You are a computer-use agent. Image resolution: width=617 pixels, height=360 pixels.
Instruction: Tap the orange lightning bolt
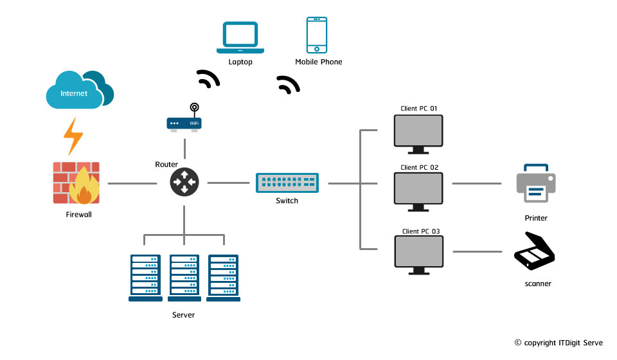click(x=73, y=136)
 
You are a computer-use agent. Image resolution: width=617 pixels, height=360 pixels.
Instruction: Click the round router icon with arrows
click(x=184, y=183)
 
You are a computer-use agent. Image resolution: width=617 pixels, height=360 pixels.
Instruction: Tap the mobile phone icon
click(x=316, y=35)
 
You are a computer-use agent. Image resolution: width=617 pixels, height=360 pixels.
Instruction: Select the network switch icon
click(x=287, y=183)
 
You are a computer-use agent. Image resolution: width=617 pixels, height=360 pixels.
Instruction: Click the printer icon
click(x=536, y=183)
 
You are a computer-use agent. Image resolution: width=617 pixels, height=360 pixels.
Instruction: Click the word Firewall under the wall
click(x=79, y=215)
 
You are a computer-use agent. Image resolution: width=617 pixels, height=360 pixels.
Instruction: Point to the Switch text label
click(x=287, y=201)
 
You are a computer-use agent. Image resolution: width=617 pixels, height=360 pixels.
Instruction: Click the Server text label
click(x=183, y=315)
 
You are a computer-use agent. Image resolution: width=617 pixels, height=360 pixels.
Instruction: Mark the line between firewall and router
click(x=132, y=183)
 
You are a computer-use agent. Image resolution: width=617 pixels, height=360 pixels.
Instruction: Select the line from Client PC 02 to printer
click(x=476, y=183)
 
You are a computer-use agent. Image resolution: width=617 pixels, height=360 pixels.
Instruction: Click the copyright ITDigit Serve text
click(x=559, y=343)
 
